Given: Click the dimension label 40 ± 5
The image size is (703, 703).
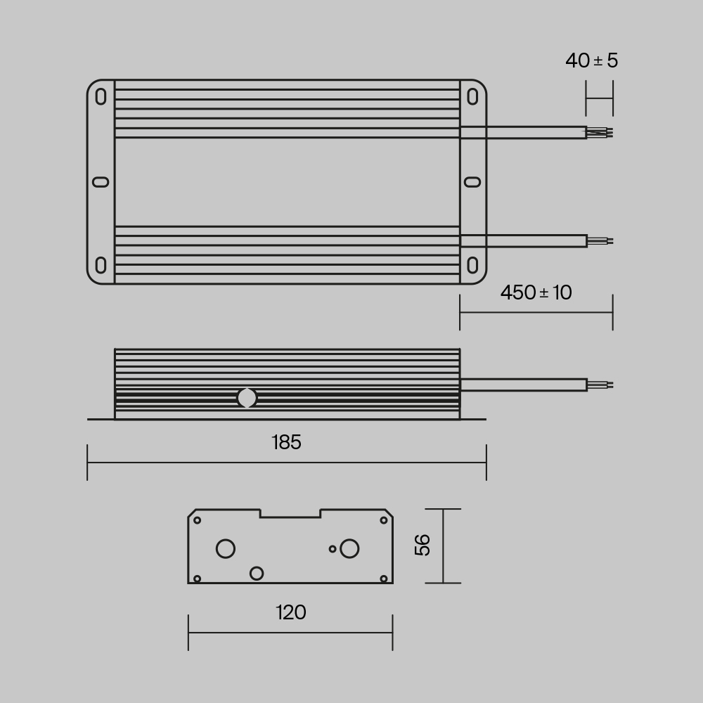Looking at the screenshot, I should [x=591, y=60].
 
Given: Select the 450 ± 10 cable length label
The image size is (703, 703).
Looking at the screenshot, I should [x=536, y=292].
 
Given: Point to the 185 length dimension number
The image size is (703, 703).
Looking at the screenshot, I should [x=286, y=442].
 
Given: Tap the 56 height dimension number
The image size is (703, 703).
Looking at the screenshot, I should [x=423, y=545].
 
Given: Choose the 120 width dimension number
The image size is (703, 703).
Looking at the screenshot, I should [x=290, y=613].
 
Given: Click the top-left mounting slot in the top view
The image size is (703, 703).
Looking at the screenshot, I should [x=101, y=96].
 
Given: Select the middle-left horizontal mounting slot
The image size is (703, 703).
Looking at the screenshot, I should [x=101, y=182].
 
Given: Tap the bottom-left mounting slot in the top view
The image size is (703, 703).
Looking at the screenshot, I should [x=101, y=266].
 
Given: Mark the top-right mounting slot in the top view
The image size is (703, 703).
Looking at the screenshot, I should [x=473, y=96].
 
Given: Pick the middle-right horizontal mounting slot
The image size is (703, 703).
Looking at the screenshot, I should [x=473, y=182].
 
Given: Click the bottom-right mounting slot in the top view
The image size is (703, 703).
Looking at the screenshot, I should [x=473, y=266].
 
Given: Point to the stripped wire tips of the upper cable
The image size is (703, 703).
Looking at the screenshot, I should [x=600, y=132].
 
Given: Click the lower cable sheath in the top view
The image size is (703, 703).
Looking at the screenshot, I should [x=523, y=241].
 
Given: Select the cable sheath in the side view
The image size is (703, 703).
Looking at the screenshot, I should [x=523, y=385].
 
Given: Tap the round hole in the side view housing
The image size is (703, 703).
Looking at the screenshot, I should [x=247, y=398].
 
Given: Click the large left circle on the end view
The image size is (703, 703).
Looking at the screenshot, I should [x=226, y=548].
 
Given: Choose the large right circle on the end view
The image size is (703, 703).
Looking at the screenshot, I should [x=349, y=548].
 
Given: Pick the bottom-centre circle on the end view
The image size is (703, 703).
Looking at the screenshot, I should [x=257, y=573].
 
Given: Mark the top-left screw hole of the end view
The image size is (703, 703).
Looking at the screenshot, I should [x=198, y=520].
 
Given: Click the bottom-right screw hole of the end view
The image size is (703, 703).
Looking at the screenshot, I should [x=384, y=578].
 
